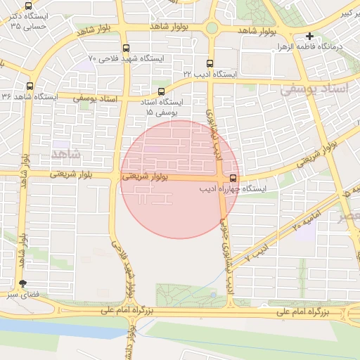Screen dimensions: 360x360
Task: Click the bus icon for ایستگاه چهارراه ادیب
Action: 233,178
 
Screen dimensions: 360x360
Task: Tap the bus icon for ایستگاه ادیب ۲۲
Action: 208,63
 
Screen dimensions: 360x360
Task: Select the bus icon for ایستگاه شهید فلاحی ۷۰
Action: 126,49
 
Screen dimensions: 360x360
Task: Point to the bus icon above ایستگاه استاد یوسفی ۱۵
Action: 162,91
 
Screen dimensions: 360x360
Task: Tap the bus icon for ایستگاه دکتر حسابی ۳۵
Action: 28,6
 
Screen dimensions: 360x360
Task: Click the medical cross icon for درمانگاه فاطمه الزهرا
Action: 309,36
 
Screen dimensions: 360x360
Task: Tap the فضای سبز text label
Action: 21,295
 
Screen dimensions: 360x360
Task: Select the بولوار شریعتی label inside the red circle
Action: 145,177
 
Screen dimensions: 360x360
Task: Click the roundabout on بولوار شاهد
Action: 211,28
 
